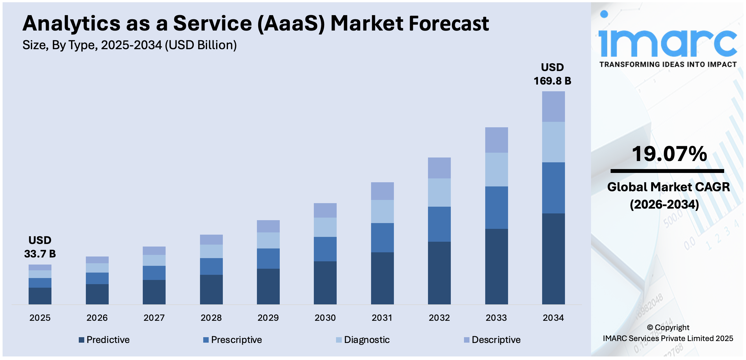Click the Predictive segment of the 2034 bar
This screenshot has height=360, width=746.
tap(553, 259)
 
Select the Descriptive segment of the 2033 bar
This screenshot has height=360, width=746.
tap(496, 140)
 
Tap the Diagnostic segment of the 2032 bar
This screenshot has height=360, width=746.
tap(439, 192)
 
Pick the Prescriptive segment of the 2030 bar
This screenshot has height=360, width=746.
tap(325, 249)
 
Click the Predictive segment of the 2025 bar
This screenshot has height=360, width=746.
tap(40, 296)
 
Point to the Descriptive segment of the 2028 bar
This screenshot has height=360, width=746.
tap(211, 239)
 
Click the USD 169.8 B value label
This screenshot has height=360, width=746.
tap(552, 74)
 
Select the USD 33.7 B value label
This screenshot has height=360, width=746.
tap(40, 247)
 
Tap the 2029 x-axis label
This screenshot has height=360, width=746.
tap(268, 318)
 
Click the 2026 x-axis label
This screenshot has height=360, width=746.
tap(97, 318)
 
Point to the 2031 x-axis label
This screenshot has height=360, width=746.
tap(382, 318)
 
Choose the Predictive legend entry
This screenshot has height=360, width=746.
tap(105, 340)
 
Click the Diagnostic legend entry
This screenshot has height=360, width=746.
tap(363, 340)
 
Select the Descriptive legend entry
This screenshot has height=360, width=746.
tap(492, 340)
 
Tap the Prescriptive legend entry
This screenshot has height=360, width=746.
tap(233, 340)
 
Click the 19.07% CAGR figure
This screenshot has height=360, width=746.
tap(669, 154)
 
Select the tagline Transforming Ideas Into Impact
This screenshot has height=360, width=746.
tap(668, 65)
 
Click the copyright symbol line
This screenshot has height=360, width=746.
tap(668, 328)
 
